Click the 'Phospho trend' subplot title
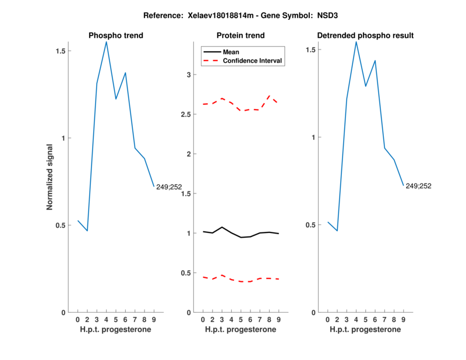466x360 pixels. coord(115,36)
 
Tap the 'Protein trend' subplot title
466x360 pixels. coord(241,36)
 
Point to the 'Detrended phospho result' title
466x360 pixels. coord(365,36)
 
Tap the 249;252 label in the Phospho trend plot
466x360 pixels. coord(169,187)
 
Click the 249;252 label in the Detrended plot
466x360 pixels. coord(418,186)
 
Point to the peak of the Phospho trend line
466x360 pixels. coord(106,41)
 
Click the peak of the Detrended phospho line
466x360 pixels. coord(356,41)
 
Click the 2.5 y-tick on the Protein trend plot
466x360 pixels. coord(188,115)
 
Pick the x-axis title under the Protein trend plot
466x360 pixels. coord(241,330)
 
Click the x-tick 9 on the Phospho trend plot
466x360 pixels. coord(154,319)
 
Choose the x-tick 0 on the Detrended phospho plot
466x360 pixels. coord(327,319)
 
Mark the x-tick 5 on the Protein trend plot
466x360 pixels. coord(241,319)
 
